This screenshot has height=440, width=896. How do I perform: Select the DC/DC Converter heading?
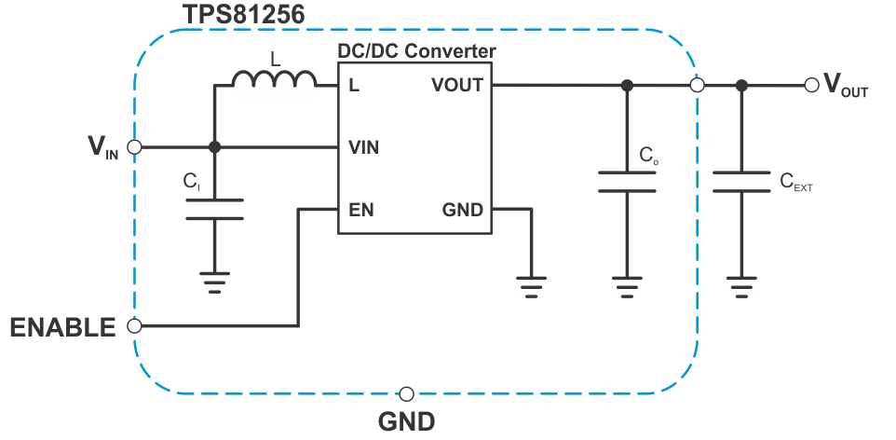coord(416,50)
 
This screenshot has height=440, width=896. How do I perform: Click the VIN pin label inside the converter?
coord(363,147)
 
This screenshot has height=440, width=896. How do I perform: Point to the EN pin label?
coord(360,210)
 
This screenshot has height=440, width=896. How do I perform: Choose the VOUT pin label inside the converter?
coord(457,86)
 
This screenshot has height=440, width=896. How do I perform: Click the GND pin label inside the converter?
coord(463,210)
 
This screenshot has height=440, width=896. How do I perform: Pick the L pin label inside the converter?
coord(354,86)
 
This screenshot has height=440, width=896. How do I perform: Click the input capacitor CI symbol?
coord(214,209)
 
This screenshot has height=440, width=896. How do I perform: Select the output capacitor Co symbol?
coord(627,181)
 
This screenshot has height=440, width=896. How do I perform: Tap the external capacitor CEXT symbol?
coord(741,181)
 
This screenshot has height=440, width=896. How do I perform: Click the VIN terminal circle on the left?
coord(134,147)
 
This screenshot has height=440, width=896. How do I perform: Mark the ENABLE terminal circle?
coord(134,326)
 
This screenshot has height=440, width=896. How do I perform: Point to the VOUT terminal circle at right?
coord(812,85)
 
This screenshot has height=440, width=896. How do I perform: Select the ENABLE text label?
coord(62,327)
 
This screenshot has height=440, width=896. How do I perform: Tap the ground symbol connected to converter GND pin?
coord(531,285)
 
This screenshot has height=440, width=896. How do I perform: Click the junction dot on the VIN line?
coord(214,147)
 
